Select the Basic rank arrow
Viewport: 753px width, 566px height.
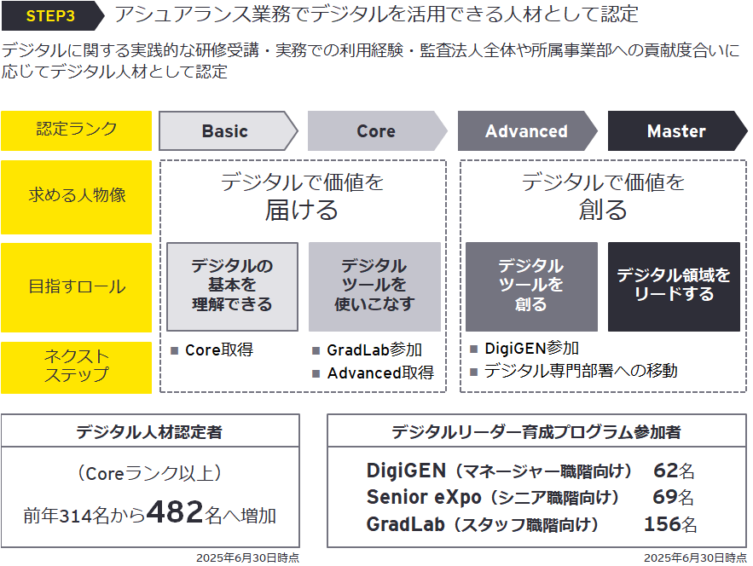tap(225, 131)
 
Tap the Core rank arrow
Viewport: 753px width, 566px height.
tap(375, 131)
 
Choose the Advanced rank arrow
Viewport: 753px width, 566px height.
tap(526, 131)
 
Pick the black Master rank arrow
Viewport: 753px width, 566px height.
tap(675, 131)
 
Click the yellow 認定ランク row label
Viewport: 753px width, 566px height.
tap(76, 130)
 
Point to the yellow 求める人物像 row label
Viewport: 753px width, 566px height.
tap(76, 195)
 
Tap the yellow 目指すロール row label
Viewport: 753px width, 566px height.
tap(76, 287)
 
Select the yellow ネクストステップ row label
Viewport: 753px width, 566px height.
tap(76, 366)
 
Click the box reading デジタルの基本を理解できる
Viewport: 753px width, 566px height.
tap(232, 286)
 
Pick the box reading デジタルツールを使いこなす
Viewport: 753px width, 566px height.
tap(374, 286)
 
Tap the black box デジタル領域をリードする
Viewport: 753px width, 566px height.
tap(674, 286)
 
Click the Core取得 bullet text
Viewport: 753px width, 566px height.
tap(218, 349)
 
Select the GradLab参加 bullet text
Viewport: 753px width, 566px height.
tap(374, 350)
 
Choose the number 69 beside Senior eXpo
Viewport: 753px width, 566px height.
tap(665, 497)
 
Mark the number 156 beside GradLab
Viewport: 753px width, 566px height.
tap(662, 524)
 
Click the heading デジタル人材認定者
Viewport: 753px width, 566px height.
tap(149, 432)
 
